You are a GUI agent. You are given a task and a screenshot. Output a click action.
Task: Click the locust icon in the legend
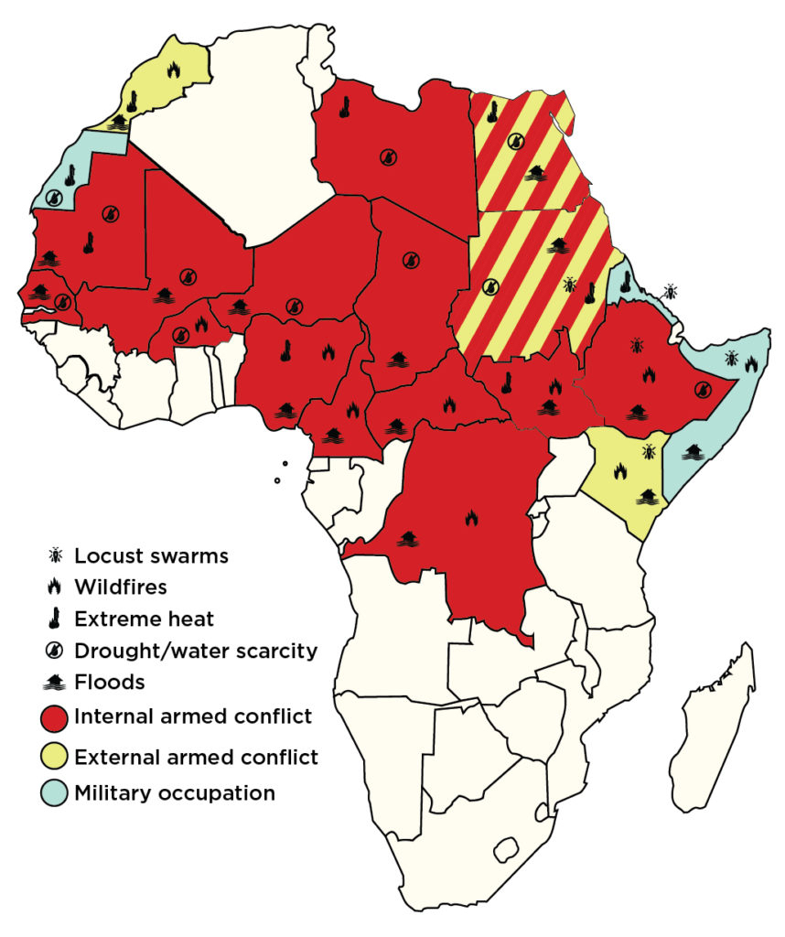coord(56,555)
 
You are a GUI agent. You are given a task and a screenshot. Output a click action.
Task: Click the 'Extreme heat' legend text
coord(144,619)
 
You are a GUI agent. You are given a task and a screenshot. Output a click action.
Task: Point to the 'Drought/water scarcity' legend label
coord(196,651)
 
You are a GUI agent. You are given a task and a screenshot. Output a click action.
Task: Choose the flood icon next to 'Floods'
coord(56,683)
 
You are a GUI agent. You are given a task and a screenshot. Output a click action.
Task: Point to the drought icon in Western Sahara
coord(56,196)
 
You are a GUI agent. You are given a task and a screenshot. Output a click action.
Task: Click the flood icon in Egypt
coord(535,173)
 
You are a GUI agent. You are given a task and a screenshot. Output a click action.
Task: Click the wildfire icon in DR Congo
coord(471,518)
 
